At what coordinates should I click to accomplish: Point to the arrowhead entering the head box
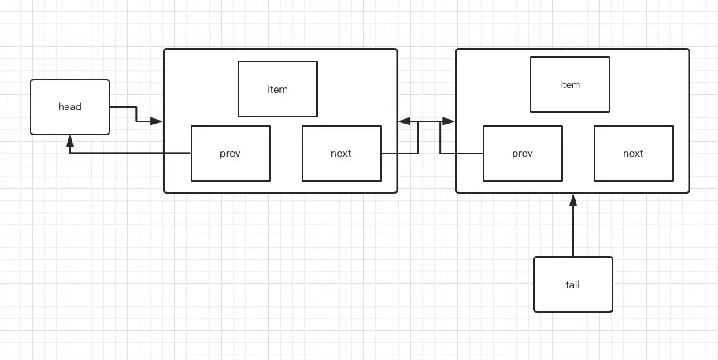coord(70,141)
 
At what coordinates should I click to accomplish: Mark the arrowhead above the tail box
coord(573,200)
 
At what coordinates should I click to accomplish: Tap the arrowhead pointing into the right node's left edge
coord(449,121)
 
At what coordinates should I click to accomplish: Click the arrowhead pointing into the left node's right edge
coord(405,121)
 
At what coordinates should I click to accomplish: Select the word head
coord(70,107)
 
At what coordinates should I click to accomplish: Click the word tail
coord(572,284)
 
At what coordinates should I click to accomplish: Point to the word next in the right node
coord(633,154)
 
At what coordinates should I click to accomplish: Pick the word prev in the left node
coord(231,154)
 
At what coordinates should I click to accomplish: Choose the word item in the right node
coord(570,84)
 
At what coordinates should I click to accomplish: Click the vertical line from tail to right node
coord(573,232)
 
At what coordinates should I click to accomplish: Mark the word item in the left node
coord(278,89)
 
